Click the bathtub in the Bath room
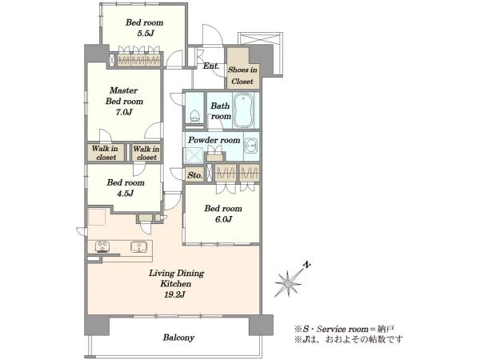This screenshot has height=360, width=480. (x=243, y=110)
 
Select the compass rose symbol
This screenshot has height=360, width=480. (x=288, y=283)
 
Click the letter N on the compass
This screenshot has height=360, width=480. (x=306, y=265)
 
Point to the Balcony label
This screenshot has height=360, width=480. (x=178, y=338)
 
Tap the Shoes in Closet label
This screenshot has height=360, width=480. (x=242, y=75)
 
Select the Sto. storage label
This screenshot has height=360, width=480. (x=194, y=175)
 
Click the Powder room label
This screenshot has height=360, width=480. (x=214, y=140)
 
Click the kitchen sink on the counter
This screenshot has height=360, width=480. (x=139, y=246)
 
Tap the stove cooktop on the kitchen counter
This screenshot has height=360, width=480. (x=102, y=246)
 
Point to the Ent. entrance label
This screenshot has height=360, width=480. (x=211, y=66)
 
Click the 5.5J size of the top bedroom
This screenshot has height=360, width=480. (x=145, y=33)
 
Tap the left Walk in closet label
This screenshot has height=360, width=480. (x=106, y=153)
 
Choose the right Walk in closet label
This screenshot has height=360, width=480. (x=146, y=153)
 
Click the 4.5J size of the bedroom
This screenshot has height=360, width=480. (x=126, y=194)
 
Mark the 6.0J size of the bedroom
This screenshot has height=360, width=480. (x=223, y=219)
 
